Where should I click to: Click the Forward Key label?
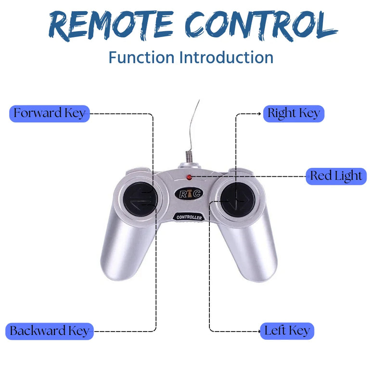tap(50, 114)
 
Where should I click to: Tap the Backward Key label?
tap(50, 331)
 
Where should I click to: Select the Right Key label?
tap(294, 114)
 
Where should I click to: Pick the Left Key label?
tap(287, 331)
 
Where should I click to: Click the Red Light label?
tap(336, 176)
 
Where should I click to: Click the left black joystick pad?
tap(138, 199)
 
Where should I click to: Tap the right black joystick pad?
tap(237, 198)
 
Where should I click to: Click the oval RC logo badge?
tap(189, 193)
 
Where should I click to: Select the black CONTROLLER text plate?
tap(189, 218)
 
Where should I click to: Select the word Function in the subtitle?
tap(141, 57)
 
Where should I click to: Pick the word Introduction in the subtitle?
tap(226, 57)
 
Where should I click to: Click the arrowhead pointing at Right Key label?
tap(260, 114)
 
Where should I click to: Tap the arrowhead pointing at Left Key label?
tap(258, 331)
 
